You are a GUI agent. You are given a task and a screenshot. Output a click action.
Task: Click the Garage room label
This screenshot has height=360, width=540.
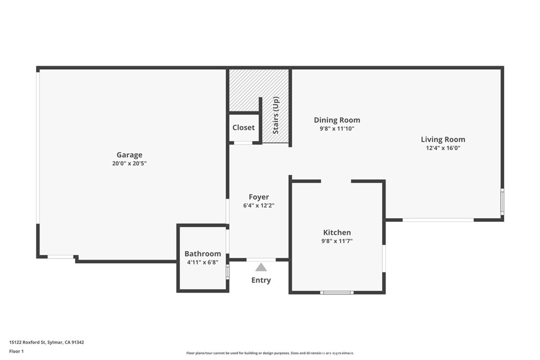(129, 155)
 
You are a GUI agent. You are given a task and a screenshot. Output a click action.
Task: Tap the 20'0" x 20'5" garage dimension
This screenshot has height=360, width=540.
(129, 163)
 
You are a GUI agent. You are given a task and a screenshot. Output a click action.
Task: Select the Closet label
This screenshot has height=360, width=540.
(244, 128)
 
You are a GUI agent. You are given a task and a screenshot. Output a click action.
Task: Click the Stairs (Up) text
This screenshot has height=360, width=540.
(276, 115)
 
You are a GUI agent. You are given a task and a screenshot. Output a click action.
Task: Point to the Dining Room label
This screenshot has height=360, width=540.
(337, 120)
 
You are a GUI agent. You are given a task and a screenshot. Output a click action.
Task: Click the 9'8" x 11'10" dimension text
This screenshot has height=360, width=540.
(337, 129)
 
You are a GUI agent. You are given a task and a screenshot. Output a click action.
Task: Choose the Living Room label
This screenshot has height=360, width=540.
(443, 139)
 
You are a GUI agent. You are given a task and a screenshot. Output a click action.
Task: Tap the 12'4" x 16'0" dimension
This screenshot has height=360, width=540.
(443, 148)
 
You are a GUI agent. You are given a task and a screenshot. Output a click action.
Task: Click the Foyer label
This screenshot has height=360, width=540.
(258, 197)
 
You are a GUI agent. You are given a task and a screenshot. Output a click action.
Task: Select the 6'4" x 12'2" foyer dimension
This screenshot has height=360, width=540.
(258, 206)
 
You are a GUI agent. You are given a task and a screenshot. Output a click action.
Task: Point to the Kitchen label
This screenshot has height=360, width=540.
(337, 232)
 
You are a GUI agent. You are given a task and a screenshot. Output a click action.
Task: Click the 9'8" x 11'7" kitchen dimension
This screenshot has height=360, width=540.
(337, 241)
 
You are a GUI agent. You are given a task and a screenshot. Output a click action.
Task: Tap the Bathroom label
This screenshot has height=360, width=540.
(202, 254)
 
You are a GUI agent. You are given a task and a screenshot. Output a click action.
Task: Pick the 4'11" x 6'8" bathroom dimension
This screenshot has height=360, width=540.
(202, 262)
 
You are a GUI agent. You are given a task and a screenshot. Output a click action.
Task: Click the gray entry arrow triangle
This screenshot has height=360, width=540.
(261, 267)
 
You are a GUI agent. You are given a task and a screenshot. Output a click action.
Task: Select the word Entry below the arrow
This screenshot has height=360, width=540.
(261, 280)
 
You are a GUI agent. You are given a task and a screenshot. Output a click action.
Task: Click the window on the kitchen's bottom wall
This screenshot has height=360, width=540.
(337, 293)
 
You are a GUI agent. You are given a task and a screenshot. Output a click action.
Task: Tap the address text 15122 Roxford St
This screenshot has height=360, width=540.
(27, 342)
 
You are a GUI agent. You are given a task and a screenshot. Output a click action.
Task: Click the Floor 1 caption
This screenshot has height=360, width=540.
(16, 352)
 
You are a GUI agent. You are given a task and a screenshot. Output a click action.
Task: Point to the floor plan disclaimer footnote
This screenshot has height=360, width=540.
(270, 353)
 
